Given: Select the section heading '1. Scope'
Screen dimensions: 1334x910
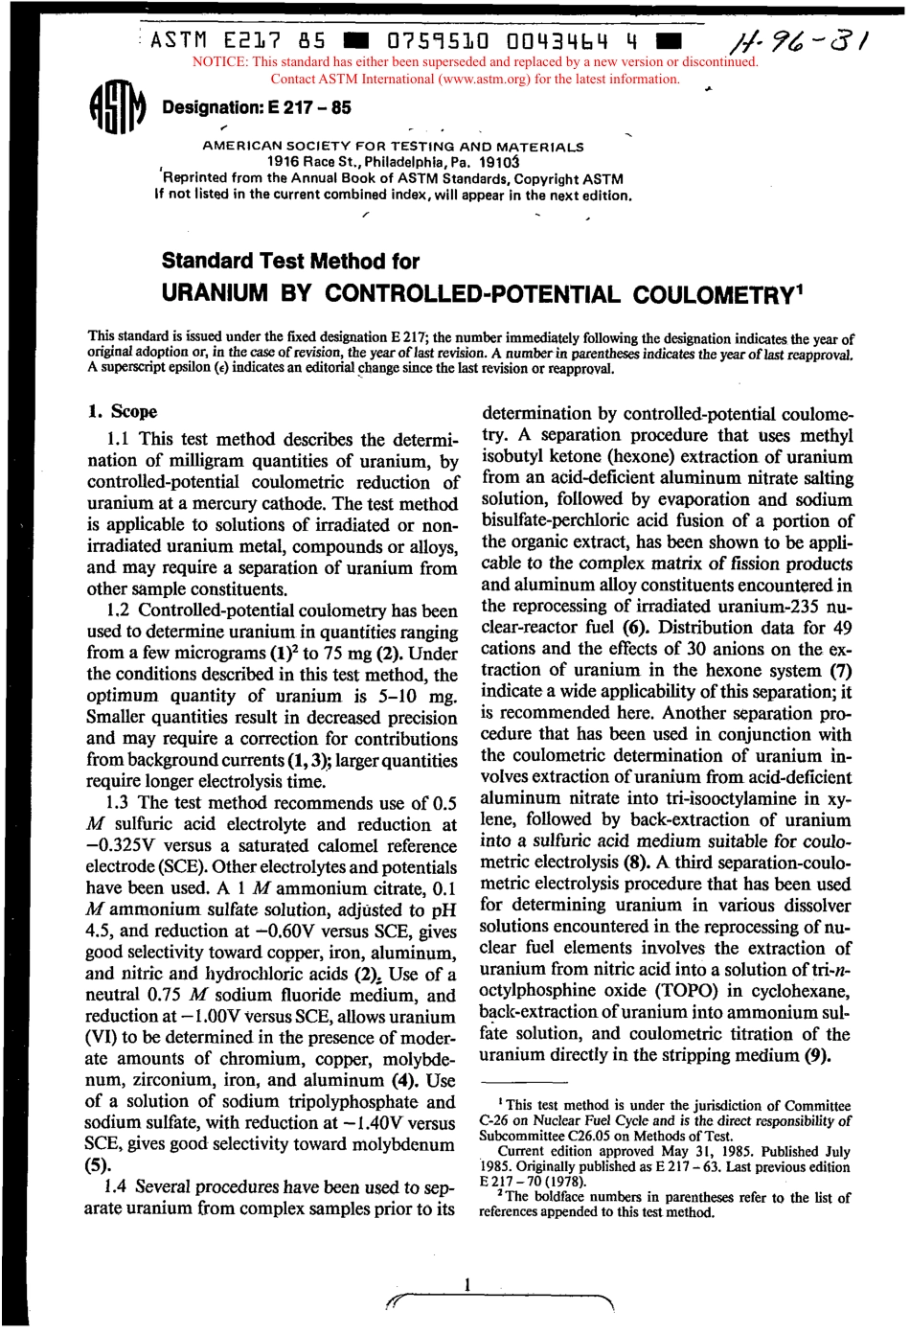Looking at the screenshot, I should pos(122,412).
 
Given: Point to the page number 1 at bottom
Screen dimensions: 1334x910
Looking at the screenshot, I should pos(466,1284).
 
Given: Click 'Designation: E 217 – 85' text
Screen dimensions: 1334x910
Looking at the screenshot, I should pos(257,107).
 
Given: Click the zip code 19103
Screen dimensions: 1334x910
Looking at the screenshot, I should pos(499,162).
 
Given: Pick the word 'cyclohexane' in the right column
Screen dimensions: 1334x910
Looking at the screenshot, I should pos(803,991).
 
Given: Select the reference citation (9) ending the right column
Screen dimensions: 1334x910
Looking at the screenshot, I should pos(814,1055).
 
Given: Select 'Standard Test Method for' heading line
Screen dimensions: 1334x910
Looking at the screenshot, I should pos(290,261).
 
